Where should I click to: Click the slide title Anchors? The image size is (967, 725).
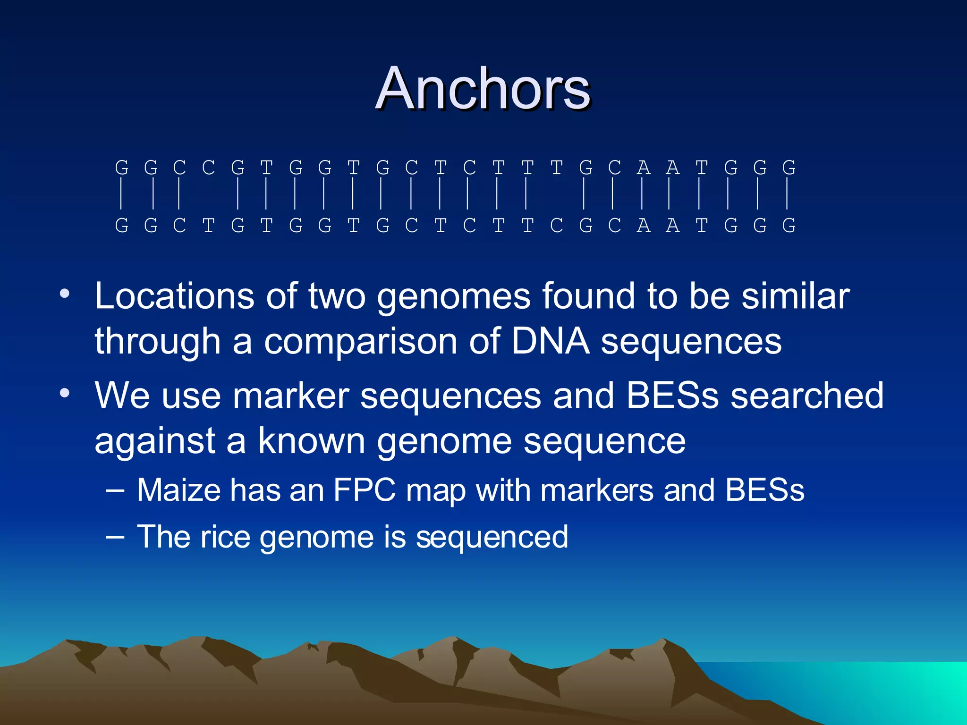483,88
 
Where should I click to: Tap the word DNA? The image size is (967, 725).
550,341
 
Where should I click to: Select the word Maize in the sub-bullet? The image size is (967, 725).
178,490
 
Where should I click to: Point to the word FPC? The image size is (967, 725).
364,490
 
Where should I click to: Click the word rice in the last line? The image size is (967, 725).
225,537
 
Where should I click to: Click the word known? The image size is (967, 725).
311,441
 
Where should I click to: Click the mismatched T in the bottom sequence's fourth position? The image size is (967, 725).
208,226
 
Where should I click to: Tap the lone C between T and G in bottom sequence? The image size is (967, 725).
557,226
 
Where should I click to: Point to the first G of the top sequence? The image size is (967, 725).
121,168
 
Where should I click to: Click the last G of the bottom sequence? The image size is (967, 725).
789,226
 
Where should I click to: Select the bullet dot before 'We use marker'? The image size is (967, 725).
65,393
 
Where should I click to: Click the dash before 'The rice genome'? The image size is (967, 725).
115,537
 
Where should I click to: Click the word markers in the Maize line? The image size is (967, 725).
596,490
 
